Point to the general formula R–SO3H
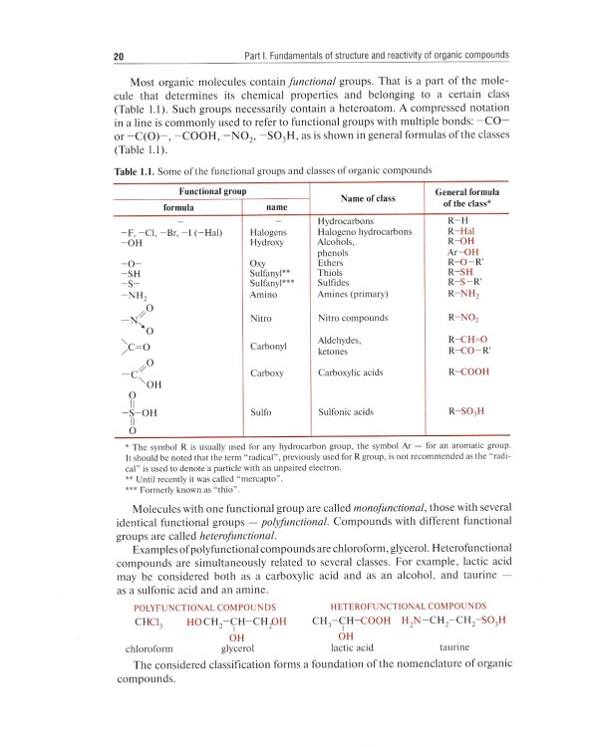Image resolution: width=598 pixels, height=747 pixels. [467, 410]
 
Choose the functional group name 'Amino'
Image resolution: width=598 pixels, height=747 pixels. [265, 294]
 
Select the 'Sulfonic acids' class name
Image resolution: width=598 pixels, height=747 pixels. [345, 410]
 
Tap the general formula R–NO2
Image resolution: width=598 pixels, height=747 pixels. [465, 319]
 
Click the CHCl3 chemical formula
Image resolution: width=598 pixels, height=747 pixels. [148, 622]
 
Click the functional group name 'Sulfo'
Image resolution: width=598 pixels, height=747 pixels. [261, 410]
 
